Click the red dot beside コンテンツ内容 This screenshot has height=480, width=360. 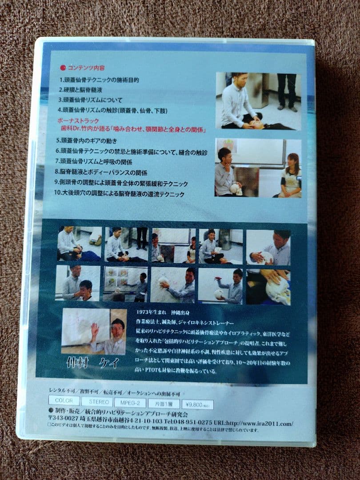[x=63, y=68]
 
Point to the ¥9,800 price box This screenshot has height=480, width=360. [x=197, y=404]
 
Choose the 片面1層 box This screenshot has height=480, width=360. [x=163, y=404]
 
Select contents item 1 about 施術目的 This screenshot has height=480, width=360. [x=99, y=80]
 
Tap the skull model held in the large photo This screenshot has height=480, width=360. [x=235, y=188]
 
